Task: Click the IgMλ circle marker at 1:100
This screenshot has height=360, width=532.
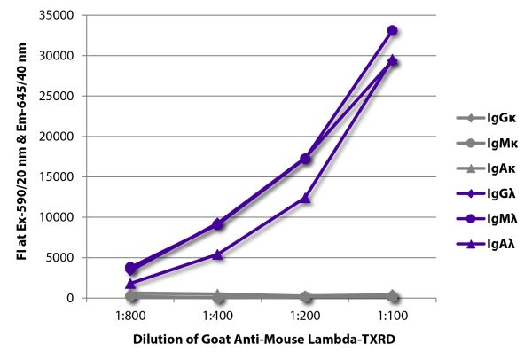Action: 392,30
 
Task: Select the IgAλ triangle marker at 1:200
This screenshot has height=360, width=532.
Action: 305,198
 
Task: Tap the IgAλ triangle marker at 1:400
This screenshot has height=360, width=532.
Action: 218,254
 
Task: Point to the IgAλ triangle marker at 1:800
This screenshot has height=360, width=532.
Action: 131,284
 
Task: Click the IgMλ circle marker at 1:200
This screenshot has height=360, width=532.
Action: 305,159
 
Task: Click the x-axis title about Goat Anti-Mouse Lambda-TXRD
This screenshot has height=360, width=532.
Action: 261,339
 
